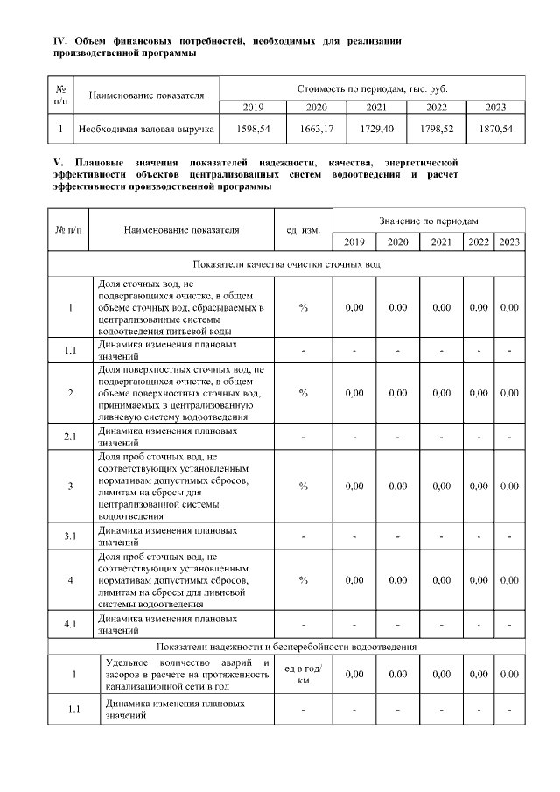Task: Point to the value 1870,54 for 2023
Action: click(496, 129)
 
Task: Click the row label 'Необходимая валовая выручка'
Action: click(146, 129)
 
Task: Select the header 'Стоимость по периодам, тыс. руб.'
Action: click(372, 89)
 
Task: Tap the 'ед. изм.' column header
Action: click(303, 230)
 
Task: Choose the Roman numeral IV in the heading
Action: click(60, 41)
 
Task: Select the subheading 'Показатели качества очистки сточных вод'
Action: click(286, 264)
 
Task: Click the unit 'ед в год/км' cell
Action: click(303, 674)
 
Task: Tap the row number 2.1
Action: click(69, 435)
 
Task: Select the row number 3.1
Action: click(69, 534)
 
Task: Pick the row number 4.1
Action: click(69, 624)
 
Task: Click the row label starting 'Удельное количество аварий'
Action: click(186, 674)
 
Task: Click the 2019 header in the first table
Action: click(253, 107)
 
